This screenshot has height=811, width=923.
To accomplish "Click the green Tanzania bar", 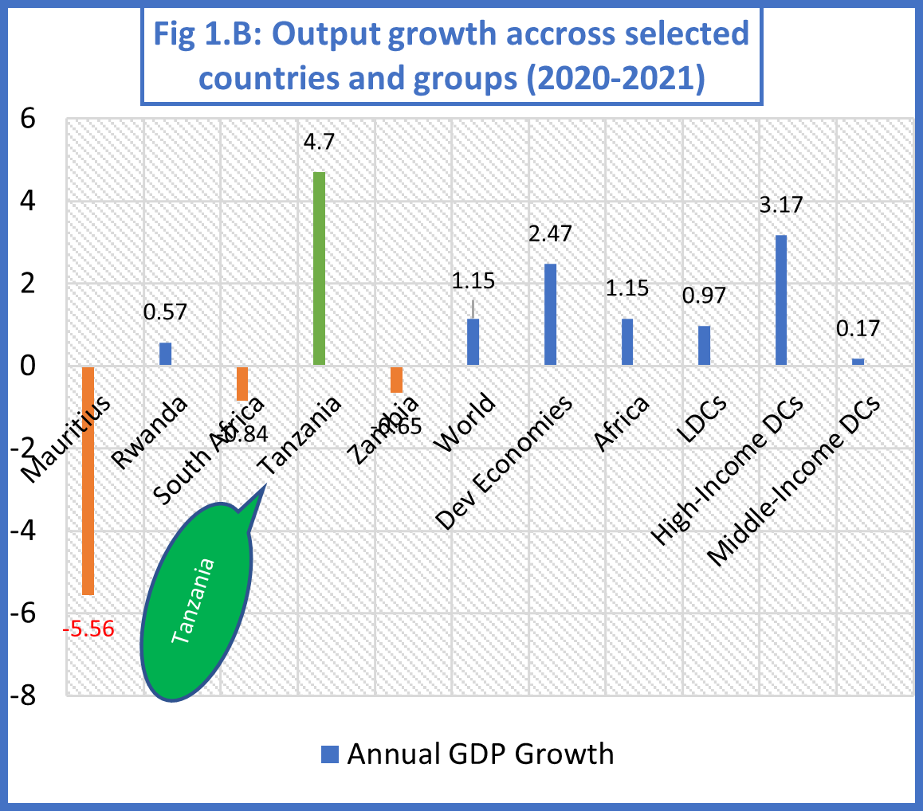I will pyautogui.click(x=319, y=268).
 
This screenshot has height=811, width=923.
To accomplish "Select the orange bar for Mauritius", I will pyautogui.click(x=88, y=480).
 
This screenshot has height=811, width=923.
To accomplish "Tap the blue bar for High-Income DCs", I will pyautogui.click(x=781, y=300).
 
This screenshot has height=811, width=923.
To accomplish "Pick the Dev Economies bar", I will pyautogui.click(x=550, y=315).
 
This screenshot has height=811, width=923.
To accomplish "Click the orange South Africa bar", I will pyautogui.click(x=242, y=383).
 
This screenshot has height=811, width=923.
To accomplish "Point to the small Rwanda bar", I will pyautogui.click(x=165, y=354).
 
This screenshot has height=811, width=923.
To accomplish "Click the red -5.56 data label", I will pyautogui.click(x=88, y=629).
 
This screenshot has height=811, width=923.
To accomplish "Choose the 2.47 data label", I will pyautogui.click(x=550, y=236).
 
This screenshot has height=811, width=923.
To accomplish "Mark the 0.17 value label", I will pyautogui.click(x=858, y=329).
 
